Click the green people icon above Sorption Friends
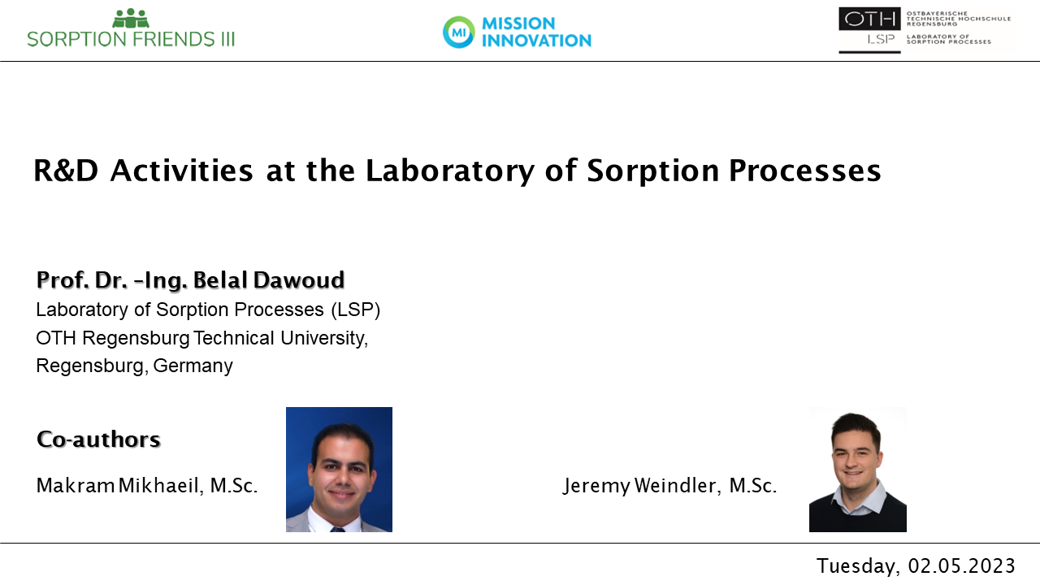(131, 18)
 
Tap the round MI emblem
(459, 32)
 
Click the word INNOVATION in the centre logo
(536, 41)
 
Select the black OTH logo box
(869, 19)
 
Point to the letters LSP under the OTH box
(881, 40)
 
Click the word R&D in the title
(66, 171)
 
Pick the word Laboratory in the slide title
(450, 171)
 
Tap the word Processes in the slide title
(804, 171)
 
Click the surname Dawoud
(299, 280)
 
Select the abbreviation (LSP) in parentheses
(356, 310)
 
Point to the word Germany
(193, 366)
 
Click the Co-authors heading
(98, 440)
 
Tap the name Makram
(76, 486)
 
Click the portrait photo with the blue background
(339, 470)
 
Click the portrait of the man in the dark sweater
(857, 470)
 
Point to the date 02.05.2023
(961, 566)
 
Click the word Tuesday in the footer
(859, 567)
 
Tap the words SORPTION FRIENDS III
(131, 39)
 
